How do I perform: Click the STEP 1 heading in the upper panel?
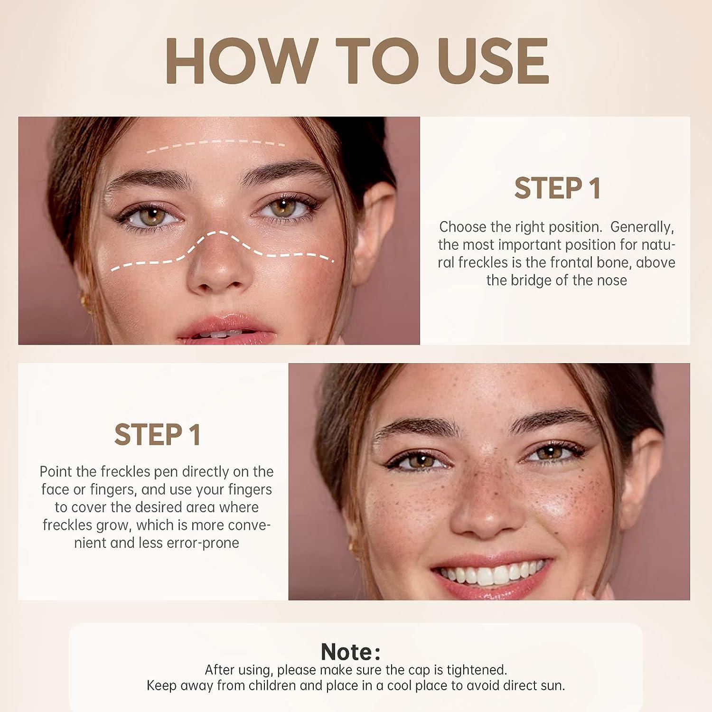click(557, 188)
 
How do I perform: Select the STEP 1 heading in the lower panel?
click(157, 435)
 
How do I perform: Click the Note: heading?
click(350, 652)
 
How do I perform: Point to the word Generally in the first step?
click(642, 227)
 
